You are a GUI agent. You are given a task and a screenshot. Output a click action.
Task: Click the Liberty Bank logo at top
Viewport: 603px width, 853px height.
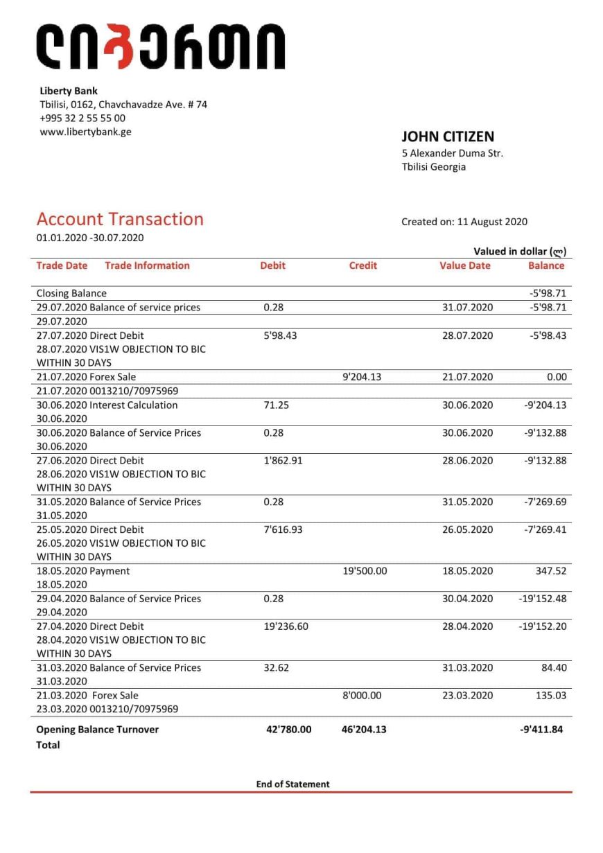160,46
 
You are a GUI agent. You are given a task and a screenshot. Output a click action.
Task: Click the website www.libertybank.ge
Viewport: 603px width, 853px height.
85,132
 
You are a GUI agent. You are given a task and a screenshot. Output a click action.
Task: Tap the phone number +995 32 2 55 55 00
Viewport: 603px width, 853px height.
82,118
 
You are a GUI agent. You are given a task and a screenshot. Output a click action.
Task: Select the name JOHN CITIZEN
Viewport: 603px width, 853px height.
448,137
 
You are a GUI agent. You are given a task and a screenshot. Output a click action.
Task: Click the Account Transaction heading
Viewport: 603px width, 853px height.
120,219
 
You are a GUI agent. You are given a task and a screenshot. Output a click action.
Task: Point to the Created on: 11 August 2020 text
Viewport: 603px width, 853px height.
464,222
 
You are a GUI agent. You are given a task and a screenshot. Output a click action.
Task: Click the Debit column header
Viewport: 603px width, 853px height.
272,265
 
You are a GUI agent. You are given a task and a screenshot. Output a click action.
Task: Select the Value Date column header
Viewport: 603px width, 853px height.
464,265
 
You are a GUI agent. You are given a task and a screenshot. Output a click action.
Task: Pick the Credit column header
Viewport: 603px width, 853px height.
362,265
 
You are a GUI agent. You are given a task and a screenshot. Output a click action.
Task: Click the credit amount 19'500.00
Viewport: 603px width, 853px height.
365,571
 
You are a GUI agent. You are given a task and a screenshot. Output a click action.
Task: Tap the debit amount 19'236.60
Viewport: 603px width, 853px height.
286,626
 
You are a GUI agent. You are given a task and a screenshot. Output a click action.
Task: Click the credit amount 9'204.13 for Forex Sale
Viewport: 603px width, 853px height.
362,377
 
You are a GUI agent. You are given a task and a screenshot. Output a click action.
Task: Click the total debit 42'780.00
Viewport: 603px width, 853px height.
288,730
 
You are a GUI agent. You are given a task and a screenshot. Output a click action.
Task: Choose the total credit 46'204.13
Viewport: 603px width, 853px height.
364,730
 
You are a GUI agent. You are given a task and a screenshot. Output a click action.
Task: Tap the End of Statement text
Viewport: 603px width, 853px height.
292,784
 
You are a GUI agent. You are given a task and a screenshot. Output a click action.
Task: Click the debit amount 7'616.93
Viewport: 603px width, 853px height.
283,529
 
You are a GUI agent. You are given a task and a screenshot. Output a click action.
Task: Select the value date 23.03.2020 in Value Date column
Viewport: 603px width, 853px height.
467,695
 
